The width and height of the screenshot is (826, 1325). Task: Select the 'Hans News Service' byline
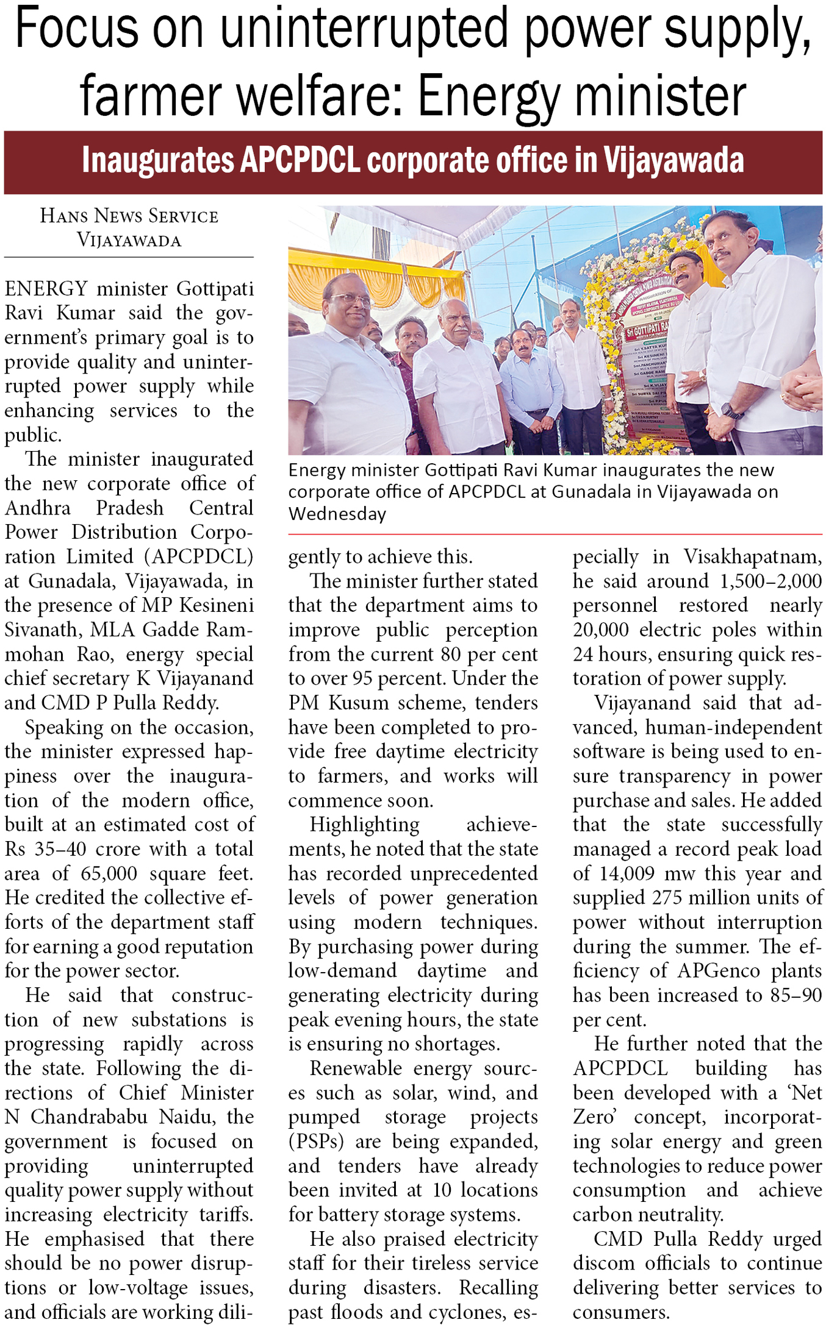tap(129, 216)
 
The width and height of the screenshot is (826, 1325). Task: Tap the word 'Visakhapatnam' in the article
tap(752, 556)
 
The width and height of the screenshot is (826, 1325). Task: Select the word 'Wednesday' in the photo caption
tap(337, 514)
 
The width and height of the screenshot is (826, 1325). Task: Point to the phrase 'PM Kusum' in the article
tap(339, 703)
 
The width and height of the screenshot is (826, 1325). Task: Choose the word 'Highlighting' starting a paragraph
tap(364, 825)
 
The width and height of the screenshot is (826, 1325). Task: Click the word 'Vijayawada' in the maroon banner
tap(673, 161)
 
